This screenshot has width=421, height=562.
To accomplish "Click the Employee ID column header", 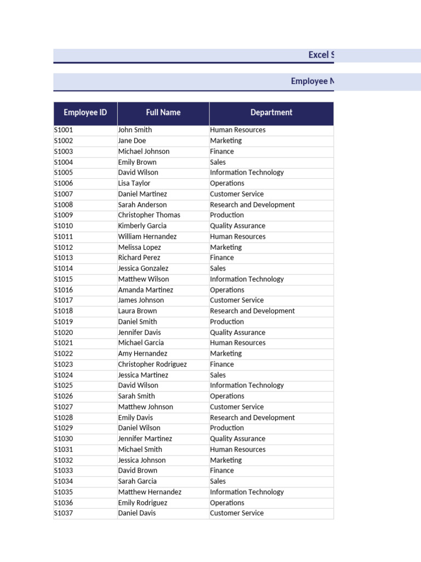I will pyautogui.click(x=85, y=113).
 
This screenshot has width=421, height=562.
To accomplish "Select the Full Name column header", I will pyautogui.click(x=163, y=113).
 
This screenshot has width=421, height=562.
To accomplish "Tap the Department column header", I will pyautogui.click(x=271, y=113).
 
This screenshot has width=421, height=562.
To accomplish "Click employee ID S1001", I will pyautogui.click(x=64, y=130).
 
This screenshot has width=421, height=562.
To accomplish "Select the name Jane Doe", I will pyautogui.click(x=132, y=140).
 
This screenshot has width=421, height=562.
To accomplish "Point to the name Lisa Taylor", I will pyautogui.click(x=134, y=183).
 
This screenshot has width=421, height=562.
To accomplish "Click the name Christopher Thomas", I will pyautogui.click(x=149, y=215).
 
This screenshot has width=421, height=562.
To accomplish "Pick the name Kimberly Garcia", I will pyautogui.click(x=142, y=226).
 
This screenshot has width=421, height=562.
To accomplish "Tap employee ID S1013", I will pyautogui.click(x=64, y=257).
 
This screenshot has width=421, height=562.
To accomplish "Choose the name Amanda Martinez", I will pyautogui.click(x=145, y=290).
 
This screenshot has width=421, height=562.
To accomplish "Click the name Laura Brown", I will pyautogui.click(x=137, y=311).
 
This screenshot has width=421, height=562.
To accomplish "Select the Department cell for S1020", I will pyautogui.click(x=237, y=333).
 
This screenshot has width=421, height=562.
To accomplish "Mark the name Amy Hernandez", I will pyautogui.click(x=143, y=353).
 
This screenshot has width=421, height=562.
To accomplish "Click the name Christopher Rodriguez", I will pyautogui.click(x=152, y=364).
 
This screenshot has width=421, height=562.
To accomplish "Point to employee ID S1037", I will pyautogui.click(x=64, y=513).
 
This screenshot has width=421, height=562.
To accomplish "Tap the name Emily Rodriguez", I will pyautogui.click(x=143, y=503).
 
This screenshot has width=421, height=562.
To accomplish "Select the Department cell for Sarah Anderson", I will pyautogui.click(x=252, y=205).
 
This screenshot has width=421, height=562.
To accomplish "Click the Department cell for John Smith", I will pyautogui.click(x=237, y=130).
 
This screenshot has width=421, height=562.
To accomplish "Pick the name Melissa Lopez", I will pyautogui.click(x=139, y=248).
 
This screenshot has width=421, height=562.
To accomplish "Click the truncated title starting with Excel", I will pyautogui.click(x=321, y=55).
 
